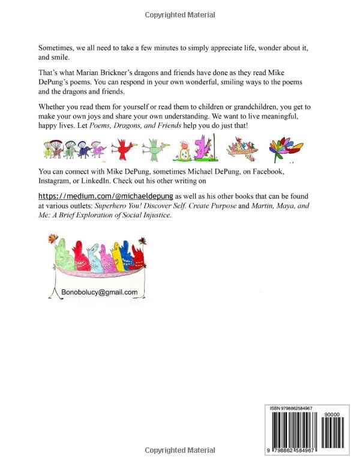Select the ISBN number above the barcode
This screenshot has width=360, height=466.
(x=303, y=408)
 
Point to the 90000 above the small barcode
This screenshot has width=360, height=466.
(x=331, y=414)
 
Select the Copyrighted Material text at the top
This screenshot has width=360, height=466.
(x=179, y=14)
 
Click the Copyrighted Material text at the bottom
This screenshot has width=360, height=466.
(x=179, y=450)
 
